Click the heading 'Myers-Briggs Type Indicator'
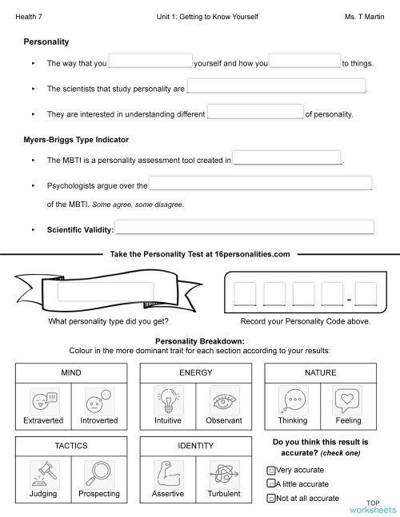click(x=76, y=140)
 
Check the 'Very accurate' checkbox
click(x=270, y=470)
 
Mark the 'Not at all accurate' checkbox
click(x=270, y=498)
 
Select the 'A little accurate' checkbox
click(x=270, y=484)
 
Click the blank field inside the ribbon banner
click(x=105, y=292)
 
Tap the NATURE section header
click(x=320, y=372)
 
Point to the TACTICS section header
click(x=70, y=446)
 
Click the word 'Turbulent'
click(x=223, y=494)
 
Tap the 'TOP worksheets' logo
click(x=370, y=506)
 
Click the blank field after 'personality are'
click(x=276, y=88)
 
